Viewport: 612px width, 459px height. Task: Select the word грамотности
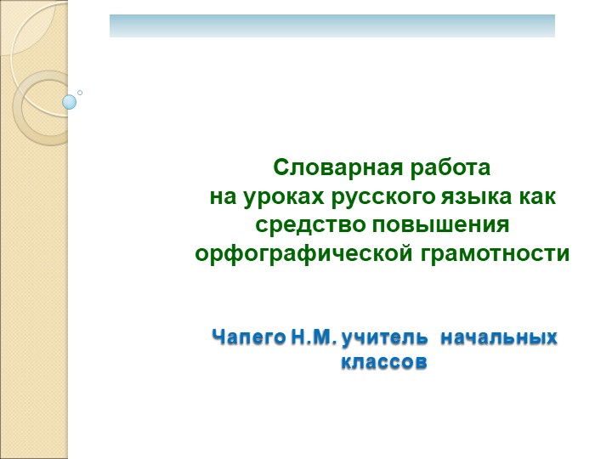(x=489, y=254)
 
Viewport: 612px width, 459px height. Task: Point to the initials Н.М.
(x=314, y=339)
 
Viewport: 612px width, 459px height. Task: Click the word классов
(x=382, y=363)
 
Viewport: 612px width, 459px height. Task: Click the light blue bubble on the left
(x=70, y=102)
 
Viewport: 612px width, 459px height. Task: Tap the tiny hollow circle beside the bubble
(x=80, y=92)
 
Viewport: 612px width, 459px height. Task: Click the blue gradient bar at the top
(x=331, y=25)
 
